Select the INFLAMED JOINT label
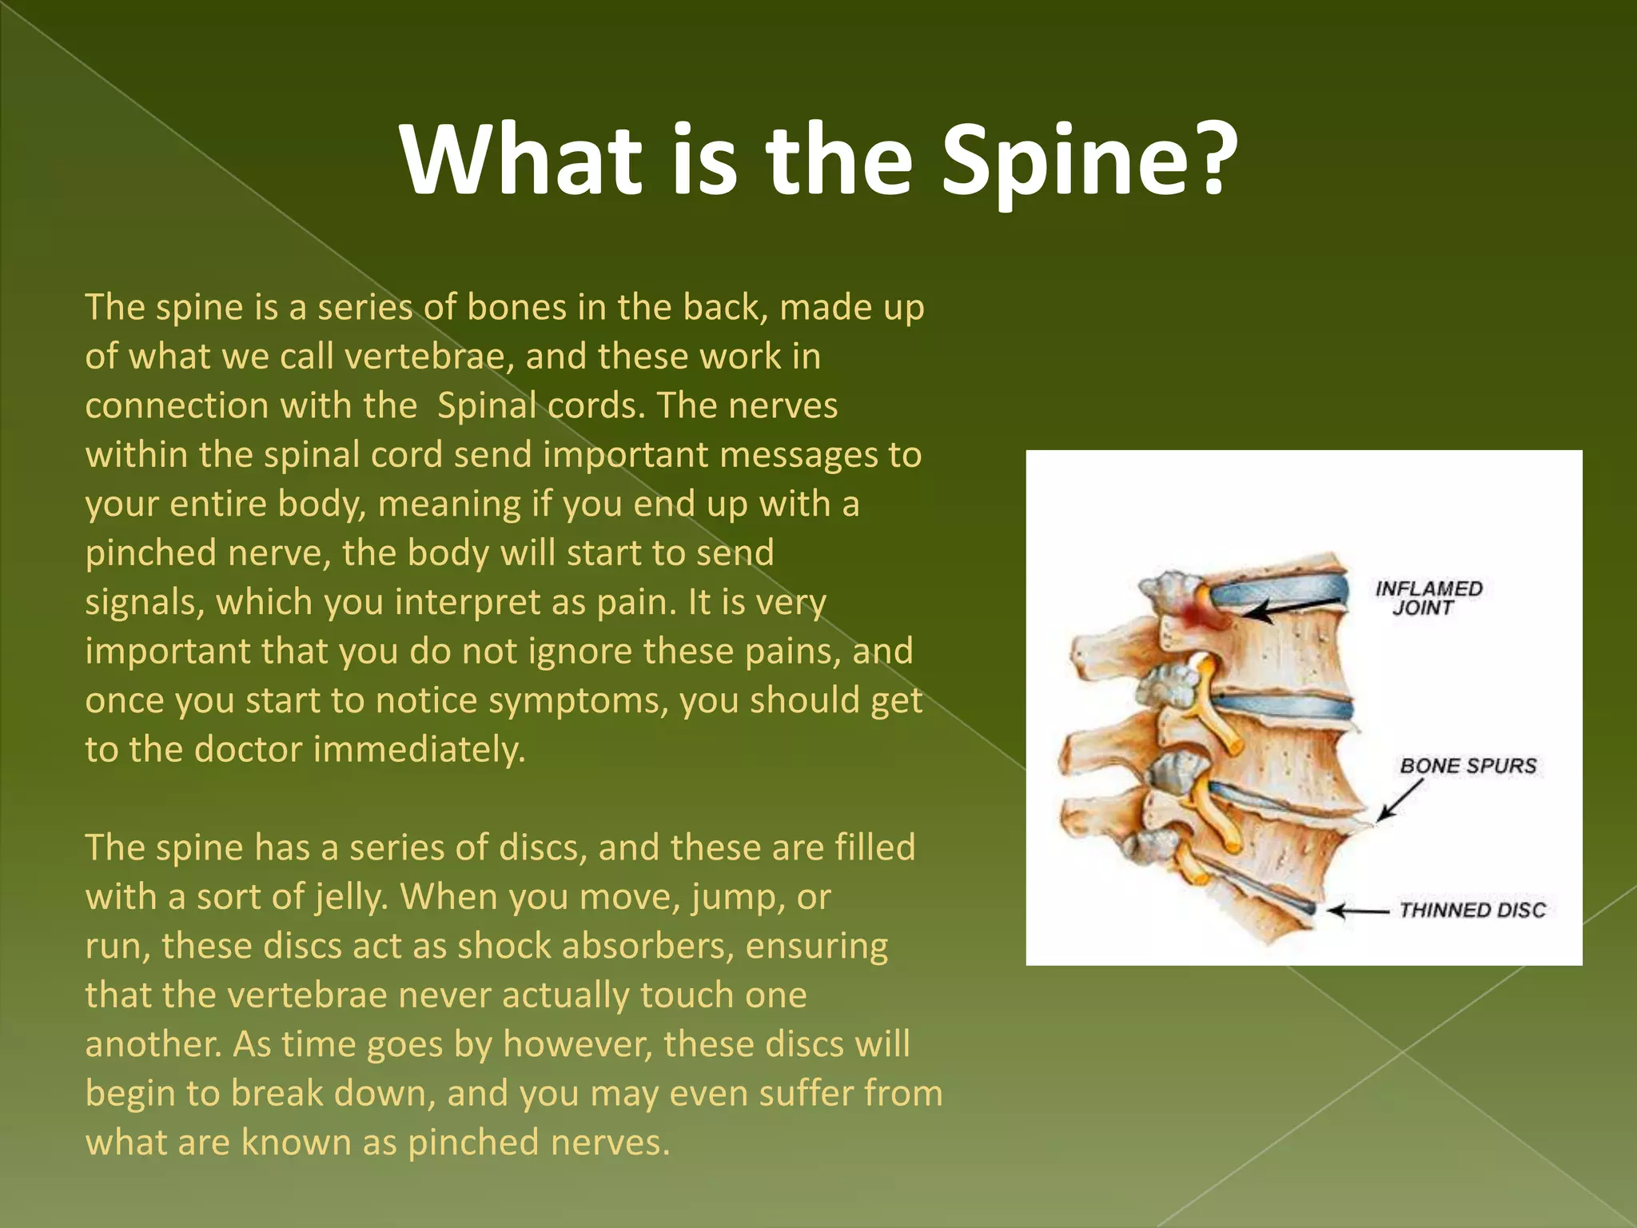(x=1429, y=598)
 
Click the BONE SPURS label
(x=1468, y=766)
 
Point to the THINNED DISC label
(x=1472, y=910)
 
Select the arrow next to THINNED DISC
(x=1356, y=911)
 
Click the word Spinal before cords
(x=486, y=406)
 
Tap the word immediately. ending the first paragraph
(x=419, y=750)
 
